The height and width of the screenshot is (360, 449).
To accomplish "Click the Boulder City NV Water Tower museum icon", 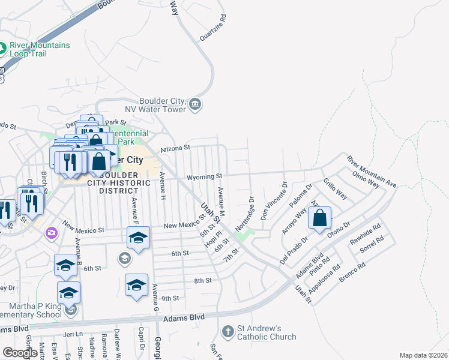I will pos(195,105).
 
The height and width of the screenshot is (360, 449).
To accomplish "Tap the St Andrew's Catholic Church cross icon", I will pos(228,331).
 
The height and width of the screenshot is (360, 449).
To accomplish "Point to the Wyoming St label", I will pos(205,177).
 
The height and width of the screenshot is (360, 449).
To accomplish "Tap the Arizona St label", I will pos(175,147).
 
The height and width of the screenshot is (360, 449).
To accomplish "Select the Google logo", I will pos(20,353).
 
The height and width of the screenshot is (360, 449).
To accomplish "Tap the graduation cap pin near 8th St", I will pos(136,285).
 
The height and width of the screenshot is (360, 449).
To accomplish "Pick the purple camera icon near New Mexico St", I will pos(52,232).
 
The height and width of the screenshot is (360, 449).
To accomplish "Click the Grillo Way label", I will pos(335,189).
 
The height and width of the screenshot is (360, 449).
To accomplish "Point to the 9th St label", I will pos(170,298).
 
